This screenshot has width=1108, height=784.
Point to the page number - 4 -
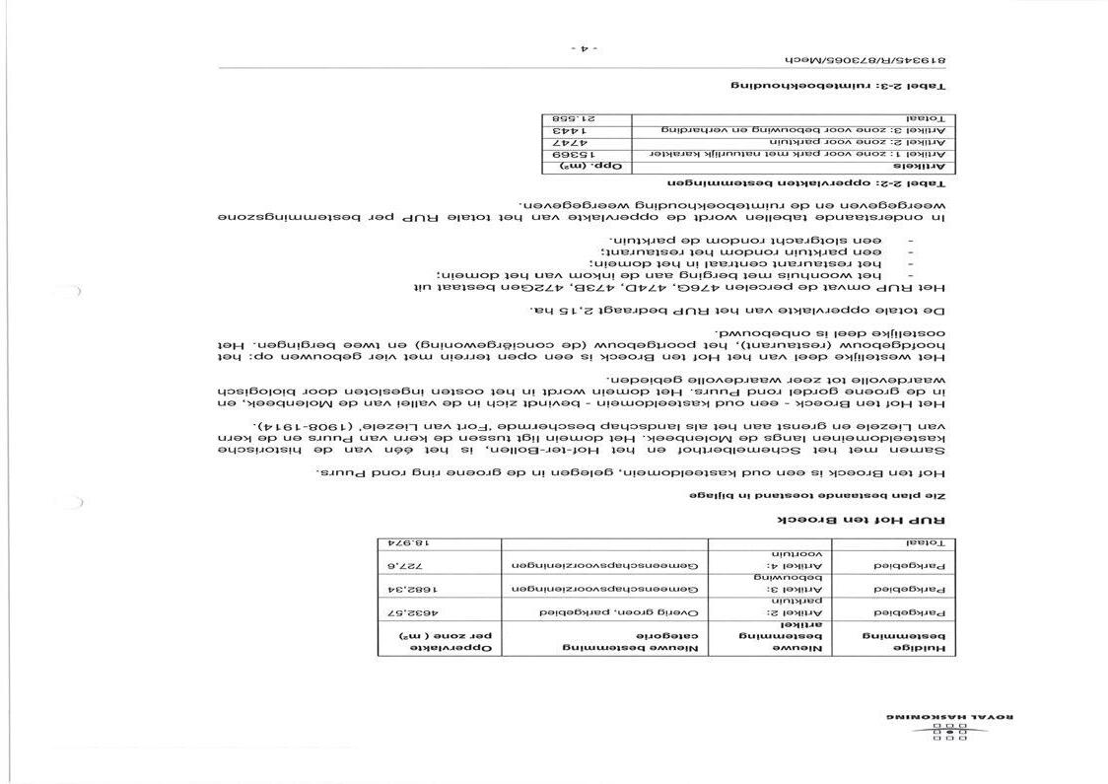(585, 46)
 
